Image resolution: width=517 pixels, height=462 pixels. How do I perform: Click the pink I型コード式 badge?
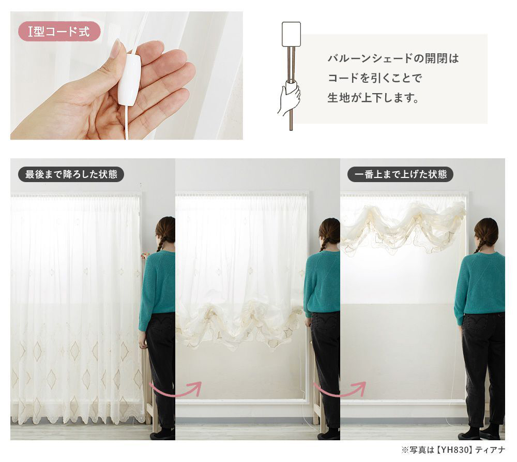point(59,32)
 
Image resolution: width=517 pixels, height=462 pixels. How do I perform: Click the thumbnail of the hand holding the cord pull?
point(127,76)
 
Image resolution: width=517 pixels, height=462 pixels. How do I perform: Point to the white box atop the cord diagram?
point(291,34)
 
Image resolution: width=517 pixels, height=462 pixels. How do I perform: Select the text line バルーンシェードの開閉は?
point(393,59)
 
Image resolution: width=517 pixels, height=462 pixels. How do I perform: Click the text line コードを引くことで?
point(375,78)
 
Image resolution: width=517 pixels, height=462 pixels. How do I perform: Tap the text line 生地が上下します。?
point(373,98)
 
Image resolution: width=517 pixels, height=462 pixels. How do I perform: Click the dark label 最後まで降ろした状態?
point(71,174)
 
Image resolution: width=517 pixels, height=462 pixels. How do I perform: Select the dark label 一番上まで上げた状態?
point(400,174)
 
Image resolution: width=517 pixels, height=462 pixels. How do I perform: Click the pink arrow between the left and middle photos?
point(175,390)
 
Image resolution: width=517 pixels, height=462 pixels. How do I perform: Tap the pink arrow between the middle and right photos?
point(340,390)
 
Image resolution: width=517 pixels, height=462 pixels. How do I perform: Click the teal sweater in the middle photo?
point(322,282)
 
